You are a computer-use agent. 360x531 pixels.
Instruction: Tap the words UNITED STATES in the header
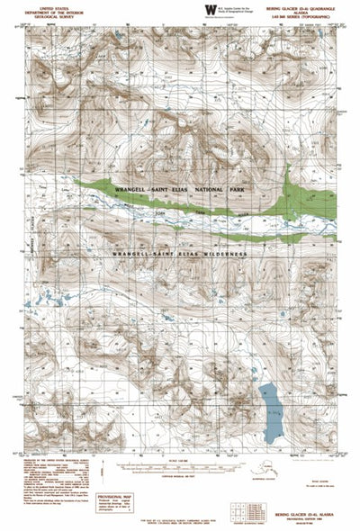pos(36,4)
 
